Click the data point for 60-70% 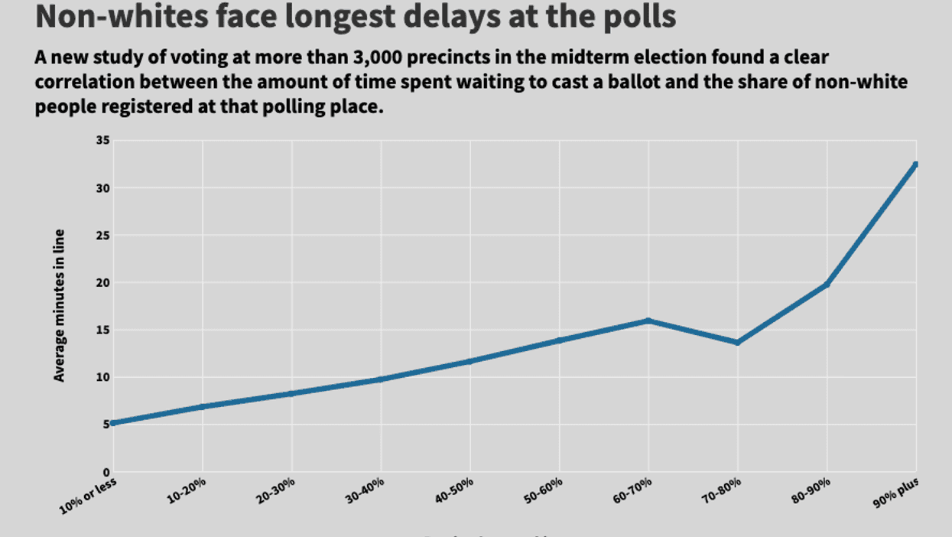[x=648, y=321]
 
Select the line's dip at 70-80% [x=738, y=342]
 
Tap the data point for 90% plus [x=915, y=164]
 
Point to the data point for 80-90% [x=827, y=285]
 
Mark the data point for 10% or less [x=112, y=423]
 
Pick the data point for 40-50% [x=470, y=361]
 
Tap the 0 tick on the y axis [x=105, y=472]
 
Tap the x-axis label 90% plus [x=897, y=490]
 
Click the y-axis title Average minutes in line [x=59, y=305]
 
